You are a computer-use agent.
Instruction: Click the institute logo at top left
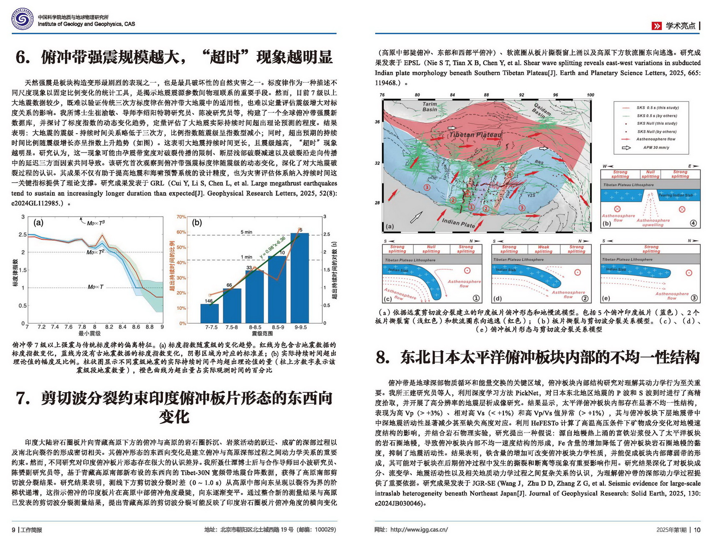[22, 20]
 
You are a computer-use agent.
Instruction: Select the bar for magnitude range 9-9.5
[299, 278]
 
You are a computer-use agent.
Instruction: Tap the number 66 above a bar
[229, 285]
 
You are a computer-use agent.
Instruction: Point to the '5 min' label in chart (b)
[246, 232]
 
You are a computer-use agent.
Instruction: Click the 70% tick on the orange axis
[181, 217]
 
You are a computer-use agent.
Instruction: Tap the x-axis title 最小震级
[89, 334]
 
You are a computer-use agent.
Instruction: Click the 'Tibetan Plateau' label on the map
[475, 135]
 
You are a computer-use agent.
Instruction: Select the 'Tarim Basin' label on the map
[429, 106]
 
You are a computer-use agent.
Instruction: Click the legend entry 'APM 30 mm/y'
[656, 148]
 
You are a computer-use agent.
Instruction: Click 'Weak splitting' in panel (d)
[543, 249]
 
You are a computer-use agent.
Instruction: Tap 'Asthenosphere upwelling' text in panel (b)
[653, 223]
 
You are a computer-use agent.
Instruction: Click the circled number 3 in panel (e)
[694, 298]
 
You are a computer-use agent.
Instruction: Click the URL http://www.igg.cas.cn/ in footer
[419, 530]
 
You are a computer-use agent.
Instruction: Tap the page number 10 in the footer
[697, 530]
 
